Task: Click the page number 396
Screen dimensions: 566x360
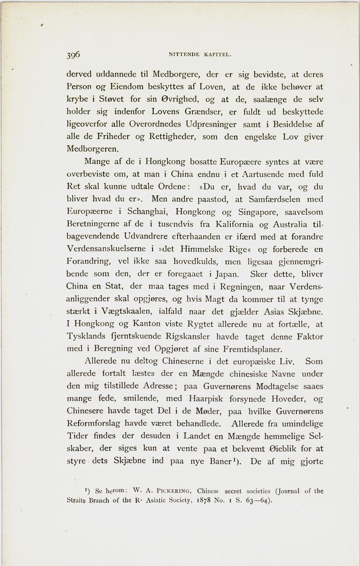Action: pyautogui.click(x=73, y=54)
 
